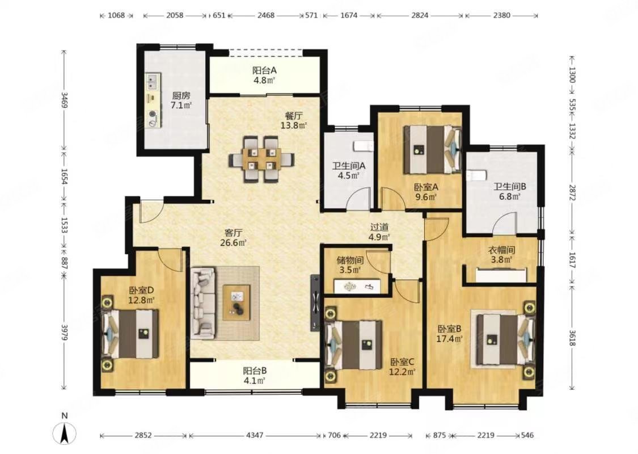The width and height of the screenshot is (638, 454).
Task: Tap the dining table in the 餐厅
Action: [x=261, y=159]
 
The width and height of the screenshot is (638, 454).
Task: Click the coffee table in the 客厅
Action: [x=236, y=302]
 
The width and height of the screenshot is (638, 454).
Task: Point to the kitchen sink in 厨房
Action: [x=153, y=81]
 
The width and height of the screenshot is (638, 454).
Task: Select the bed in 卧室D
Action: [x=130, y=334]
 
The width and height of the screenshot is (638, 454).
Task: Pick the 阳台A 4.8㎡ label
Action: [x=264, y=75]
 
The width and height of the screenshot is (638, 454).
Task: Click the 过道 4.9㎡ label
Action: [x=379, y=232]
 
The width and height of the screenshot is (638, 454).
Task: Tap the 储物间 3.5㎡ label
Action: [x=350, y=264]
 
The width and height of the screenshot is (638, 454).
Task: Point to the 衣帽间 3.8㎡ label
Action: [x=502, y=254]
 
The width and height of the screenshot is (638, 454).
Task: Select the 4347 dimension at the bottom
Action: [x=255, y=435]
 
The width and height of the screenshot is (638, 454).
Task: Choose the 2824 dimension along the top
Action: [x=420, y=15]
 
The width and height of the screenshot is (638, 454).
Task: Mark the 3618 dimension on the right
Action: [x=572, y=338]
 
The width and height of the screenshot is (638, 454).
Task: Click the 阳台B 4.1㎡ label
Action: [x=255, y=376]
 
